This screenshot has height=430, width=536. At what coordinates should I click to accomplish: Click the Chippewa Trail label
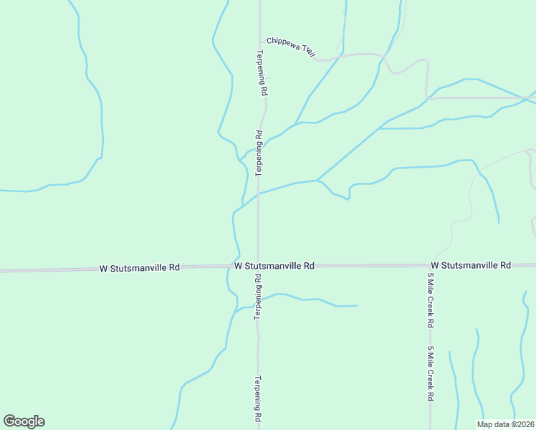pos(290,47)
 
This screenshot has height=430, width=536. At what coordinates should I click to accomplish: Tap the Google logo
pos(24,421)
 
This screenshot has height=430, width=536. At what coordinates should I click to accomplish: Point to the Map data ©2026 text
pos(505,424)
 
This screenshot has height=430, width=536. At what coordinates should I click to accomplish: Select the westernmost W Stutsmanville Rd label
pos(139,268)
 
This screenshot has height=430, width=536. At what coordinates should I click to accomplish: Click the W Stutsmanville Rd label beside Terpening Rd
pos(274,265)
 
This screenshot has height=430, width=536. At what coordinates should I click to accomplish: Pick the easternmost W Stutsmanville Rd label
pos(471,265)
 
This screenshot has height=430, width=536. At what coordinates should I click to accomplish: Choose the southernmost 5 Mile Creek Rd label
pos(431,373)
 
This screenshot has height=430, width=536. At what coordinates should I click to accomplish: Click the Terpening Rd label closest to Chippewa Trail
pos(262,73)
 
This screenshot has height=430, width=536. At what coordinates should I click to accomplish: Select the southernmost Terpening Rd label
pos(258,399)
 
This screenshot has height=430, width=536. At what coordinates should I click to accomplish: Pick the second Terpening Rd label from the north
pos(259,153)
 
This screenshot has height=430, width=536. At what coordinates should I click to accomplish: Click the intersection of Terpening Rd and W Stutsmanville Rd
pos(258,266)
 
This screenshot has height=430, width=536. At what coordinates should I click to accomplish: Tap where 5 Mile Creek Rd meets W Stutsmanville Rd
pos(430,265)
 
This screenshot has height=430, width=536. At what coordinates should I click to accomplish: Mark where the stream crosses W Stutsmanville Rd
pos(236,266)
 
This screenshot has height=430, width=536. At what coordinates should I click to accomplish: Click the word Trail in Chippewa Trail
pos(309,51)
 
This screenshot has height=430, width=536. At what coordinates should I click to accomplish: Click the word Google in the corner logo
pos(24,421)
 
